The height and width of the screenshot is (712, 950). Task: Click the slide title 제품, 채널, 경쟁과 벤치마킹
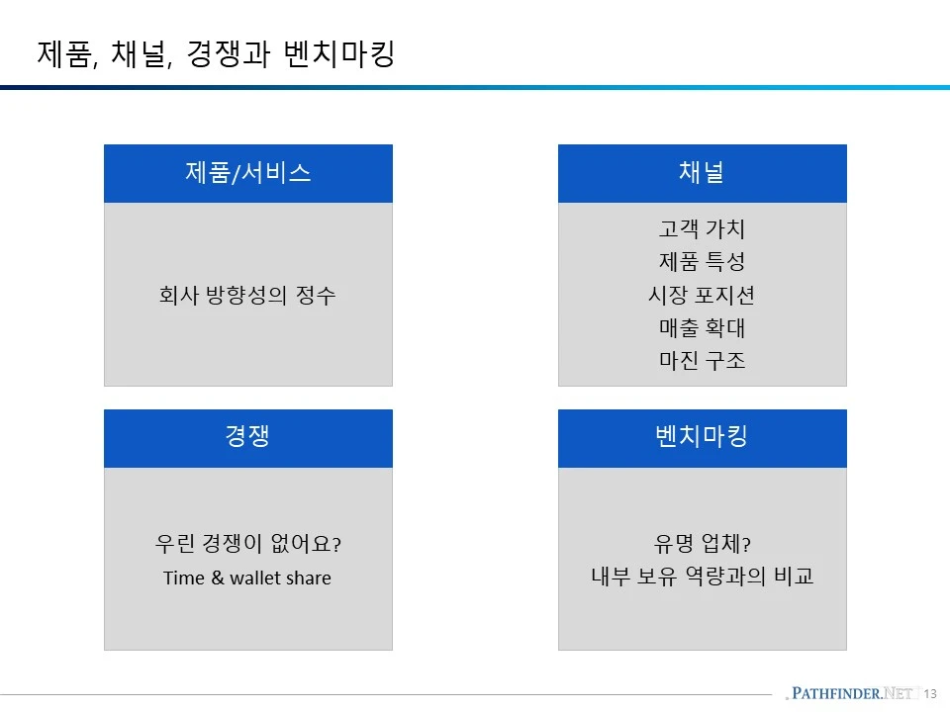pos(216,53)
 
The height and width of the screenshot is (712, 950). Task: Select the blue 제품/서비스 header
pos(248,173)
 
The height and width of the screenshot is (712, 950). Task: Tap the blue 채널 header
pos(702,173)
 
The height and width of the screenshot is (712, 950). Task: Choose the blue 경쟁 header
pos(248,437)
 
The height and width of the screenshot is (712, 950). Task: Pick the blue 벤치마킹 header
pos(702,437)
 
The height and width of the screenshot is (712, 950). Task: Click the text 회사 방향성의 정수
pos(247,295)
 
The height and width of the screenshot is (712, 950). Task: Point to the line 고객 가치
pos(702,229)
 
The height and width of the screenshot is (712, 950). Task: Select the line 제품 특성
pos(702,262)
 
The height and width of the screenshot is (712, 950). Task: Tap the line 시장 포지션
pos(702,295)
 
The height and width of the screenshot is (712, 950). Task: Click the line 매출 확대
pos(702,327)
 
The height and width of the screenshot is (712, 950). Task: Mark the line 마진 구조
pos(702,360)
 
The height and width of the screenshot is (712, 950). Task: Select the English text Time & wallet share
pos(247,578)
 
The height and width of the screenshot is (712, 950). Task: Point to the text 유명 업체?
pos(702,544)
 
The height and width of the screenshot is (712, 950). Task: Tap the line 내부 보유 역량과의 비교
pos(702,577)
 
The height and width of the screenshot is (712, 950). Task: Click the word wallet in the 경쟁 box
pos(255,578)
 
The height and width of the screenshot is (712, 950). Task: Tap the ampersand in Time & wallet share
pos(217,578)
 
